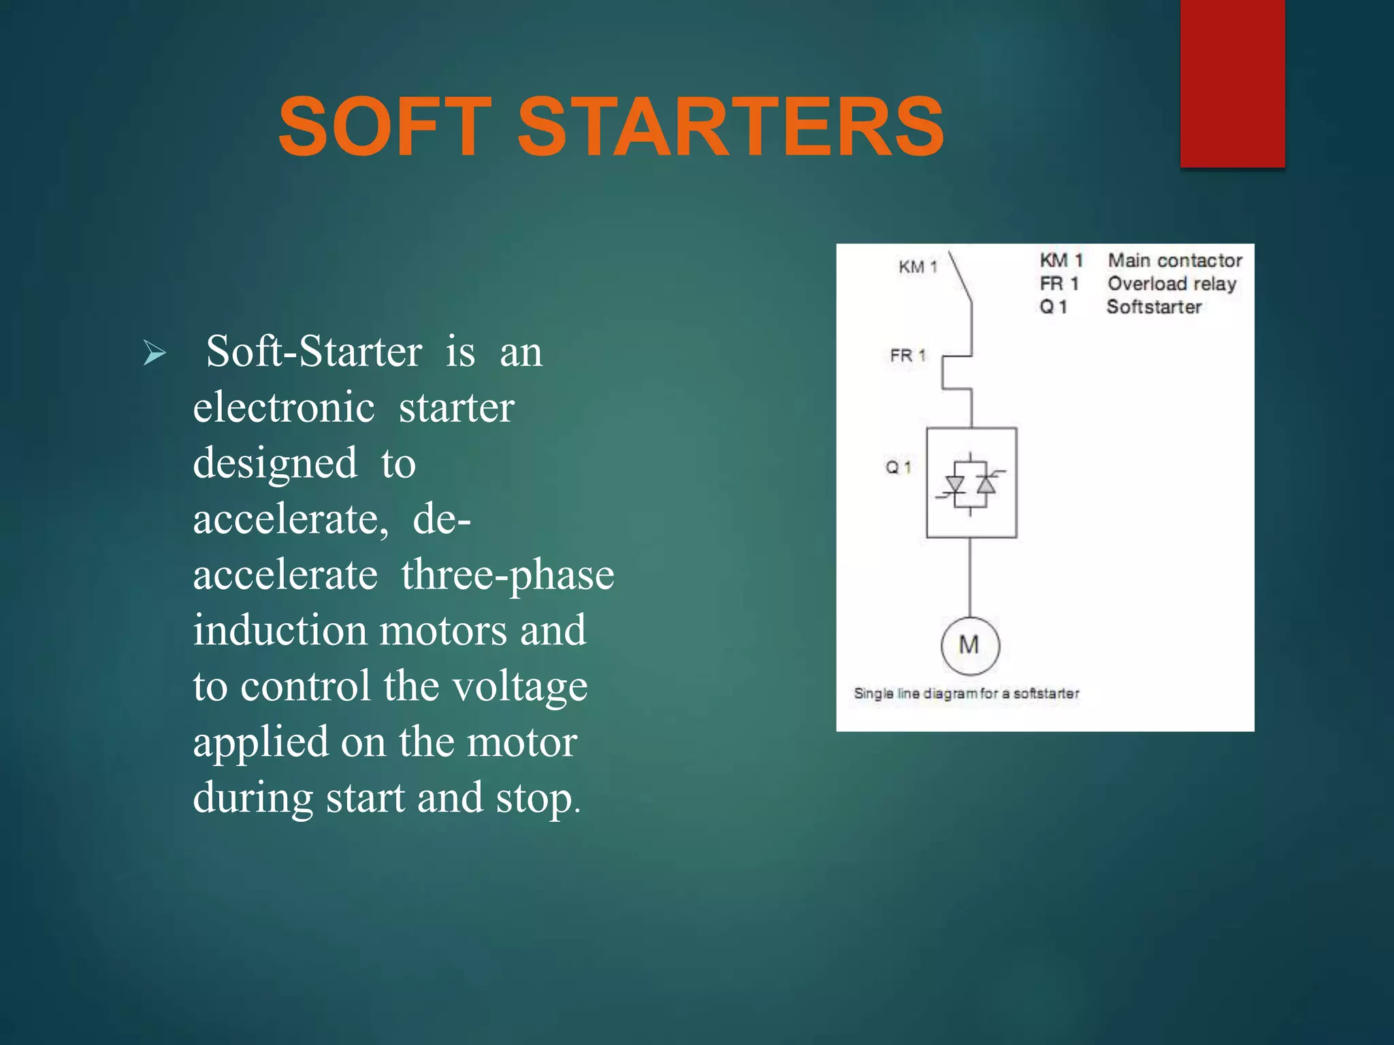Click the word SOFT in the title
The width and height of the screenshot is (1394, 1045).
point(385,127)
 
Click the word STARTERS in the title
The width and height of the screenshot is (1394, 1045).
point(731,127)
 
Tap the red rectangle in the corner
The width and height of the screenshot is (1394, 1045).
point(1232,83)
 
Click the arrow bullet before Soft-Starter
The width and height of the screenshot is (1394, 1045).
point(155,353)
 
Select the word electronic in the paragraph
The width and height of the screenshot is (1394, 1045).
point(284,408)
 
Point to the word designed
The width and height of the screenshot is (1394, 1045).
point(275,464)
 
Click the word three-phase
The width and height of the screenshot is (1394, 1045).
point(507,575)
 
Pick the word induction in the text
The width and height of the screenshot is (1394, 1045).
point(280,631)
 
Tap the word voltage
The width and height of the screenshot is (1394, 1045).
point(520,686)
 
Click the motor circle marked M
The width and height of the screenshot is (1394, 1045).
point(970,645)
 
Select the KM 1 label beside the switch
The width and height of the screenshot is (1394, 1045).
point(918,267)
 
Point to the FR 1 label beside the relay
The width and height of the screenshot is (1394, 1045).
point(908,355)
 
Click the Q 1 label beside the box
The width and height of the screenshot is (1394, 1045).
point(898,467)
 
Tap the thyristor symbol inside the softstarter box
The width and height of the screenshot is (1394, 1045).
point(971,484)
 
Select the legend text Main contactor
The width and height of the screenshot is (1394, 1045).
point(1175,261)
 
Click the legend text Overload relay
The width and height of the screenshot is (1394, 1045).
point(1171,284)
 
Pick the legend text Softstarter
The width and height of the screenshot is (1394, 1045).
point(1154,307)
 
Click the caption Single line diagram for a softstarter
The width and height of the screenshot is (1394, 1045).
point(967,693)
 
